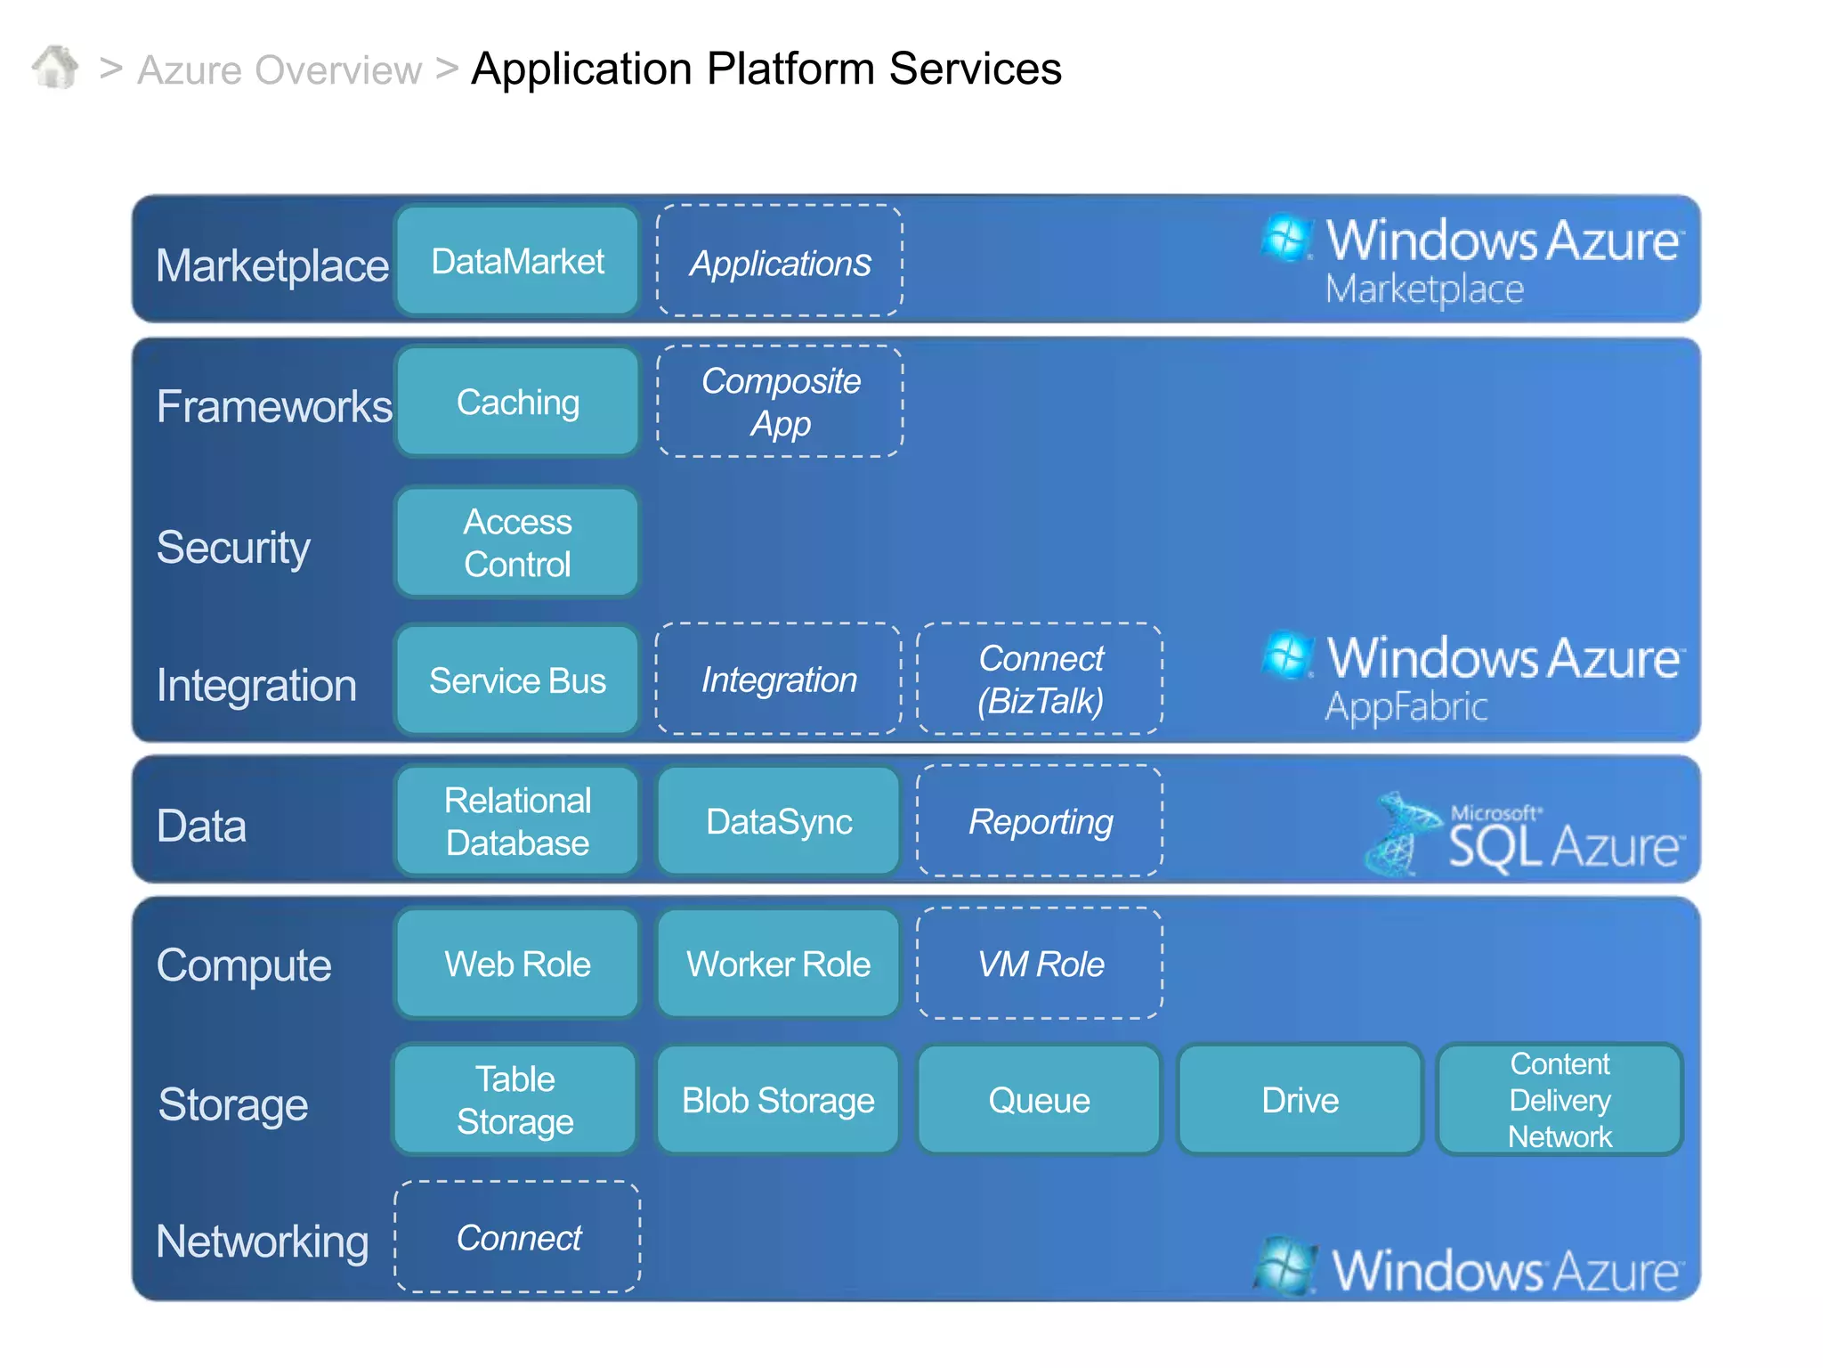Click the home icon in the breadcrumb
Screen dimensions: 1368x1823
coord(55,68)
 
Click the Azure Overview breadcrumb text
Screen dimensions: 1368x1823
coord(279,70)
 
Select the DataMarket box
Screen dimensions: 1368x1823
coord(517,261)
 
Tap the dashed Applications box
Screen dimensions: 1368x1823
coord(779,262)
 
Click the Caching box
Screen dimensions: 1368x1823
coord(517,403)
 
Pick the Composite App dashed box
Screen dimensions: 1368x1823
coord(780,402)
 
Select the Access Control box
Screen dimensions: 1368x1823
coord(517,542)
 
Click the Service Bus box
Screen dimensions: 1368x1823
coord(517,680)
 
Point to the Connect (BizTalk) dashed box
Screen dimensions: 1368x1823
coord(1040,680)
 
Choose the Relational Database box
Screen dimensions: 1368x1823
coord(517,821)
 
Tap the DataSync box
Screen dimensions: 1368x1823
coord(779,821)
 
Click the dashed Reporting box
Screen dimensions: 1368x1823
coord(1040,821)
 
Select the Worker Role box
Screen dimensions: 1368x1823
coord(779,964)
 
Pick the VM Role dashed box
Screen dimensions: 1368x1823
coord(1040,964)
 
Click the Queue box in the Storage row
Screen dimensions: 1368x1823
coord(1039,1101)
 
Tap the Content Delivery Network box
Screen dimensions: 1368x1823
coord(1560,1101)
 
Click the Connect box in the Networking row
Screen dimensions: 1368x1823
coord(517,1237)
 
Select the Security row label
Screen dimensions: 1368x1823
coord(233,547)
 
